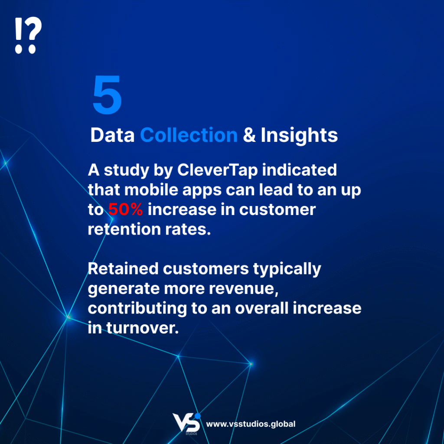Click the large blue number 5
click(108, 95)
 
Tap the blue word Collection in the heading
click(189, 135)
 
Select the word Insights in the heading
click(299, 135)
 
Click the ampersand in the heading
click(249, 135)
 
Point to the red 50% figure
click(125, 209)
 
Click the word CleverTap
click(218, 170)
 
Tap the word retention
click(124, 229)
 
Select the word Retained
click(123, 268)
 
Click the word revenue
click(244, 289)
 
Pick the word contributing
click(137, 309)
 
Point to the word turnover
click(142, 328)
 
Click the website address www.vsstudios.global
click(251, 424)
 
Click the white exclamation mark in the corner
click(18, 36)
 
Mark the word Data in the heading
click(112, 135)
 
